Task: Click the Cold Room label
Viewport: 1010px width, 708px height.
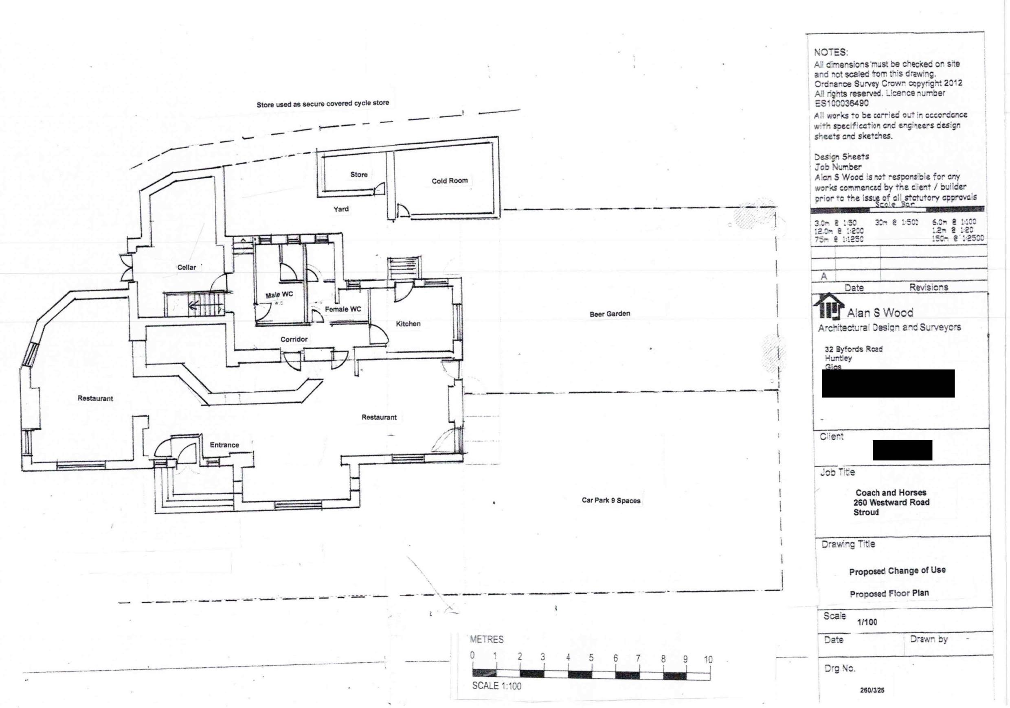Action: pyautogui.click(x=449, y=181)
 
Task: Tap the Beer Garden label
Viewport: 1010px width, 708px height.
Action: pyautogui.click(x=610, y=314)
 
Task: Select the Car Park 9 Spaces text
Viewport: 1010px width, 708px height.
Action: pyautogui.click(x=610, y=500)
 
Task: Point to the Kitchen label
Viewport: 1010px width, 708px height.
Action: pyautogui.click(x=408, y=324)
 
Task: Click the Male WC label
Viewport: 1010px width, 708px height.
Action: pyautogui.click(x=279, y=295)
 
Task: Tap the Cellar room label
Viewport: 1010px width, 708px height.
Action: pyautogui.click(x=187, y=267)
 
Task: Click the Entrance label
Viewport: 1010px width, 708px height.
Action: pyautogui.click(x=224, y=445)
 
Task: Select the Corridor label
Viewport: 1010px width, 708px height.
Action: pyautogui.click(x=294, y=339)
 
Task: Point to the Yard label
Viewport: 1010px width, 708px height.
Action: pyautogui.click(x=341, y=209)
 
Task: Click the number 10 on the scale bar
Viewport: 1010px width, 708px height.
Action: pyautogui.click(x=708, y=659)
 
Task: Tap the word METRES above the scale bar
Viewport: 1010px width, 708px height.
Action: pyautogui.click(x=487, y=640)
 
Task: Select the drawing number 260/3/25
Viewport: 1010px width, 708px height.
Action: pyautogui.click(x=872, y=690)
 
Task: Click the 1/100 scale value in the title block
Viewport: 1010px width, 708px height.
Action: pyautogui.click(x=867, y=622)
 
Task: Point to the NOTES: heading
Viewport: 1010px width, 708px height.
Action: pyautogui.click(x=830, y=52)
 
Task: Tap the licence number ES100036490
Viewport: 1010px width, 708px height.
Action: pyautogui.click(x=841, y=103)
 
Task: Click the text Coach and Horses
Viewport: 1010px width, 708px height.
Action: pyautogui.click(x=891, y=492)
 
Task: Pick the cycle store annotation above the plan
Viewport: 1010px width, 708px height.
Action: pyautogui.click(x=323, y=104)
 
